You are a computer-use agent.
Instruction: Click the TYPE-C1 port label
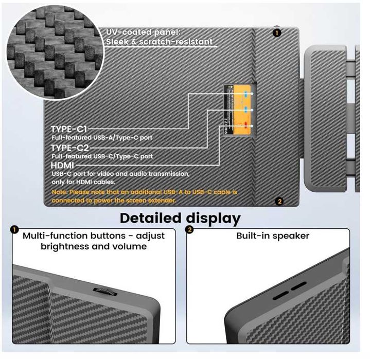pyautogui.click(x=69, y=129)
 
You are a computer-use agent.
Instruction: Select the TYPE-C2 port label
pyautogui.click(x=70, y=148)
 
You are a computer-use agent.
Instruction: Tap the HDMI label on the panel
pyautogui.click(x=63, y=166)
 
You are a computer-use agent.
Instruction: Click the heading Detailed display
pyautogui.click(x=180, y=219)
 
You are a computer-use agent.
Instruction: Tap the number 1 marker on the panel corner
pyautogui.click(x=277, y=33)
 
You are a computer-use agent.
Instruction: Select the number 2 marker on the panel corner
pyautogui.click(x=279, y=202)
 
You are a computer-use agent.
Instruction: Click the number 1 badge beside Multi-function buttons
pyautogui.click(x=14, y=229)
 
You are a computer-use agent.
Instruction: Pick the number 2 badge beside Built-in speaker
pyautogui.click(x=189, y=229)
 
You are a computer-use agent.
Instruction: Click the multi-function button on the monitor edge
pyautogui.click(x=105, y=292)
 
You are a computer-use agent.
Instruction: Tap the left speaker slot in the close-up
pyautogui.click(x=281, y=295)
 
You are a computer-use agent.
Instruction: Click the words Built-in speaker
pyautogui.click(x=273, y=236)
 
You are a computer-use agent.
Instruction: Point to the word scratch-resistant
pyautogui.click(x=176, y=42)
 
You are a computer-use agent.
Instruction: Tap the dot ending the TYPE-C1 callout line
pyautogui.click(x=252, y=94)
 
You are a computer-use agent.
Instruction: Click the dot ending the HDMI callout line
pyautogui.click(x=252, y=126)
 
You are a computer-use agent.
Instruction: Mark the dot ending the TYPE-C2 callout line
pyautogui.click(x=252, y=110)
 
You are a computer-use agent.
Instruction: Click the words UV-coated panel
pyautogui.click(x=143, y=32)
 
